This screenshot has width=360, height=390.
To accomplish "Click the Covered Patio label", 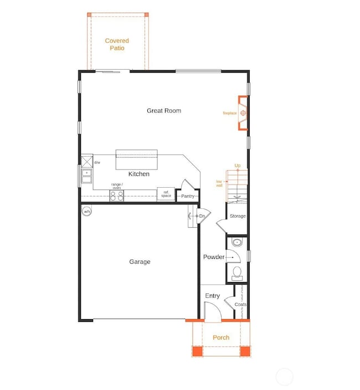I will pyautogui.click(x=117, y=44).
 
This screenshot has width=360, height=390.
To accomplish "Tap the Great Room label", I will pyautogui.click(x=164, y=111).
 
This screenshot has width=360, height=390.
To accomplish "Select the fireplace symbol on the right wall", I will pyautogui.click(x=243, y=114).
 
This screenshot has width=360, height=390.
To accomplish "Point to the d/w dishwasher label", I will pyautogui.click(x=97, y=162).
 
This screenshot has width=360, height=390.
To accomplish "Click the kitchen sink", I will pyautogui.click(x=87, y=176).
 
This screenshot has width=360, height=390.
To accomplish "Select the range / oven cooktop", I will pyautogui.click(x=117, y=195).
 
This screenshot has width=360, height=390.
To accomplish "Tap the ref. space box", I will pyautogui.click(x=166, y=194).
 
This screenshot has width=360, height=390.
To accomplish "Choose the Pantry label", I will pyautogui.click(x=187, y=196).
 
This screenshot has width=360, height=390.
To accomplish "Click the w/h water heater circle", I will pyautogui.click(x=87, y=212).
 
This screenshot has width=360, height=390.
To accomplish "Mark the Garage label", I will pyautogui.click(x=140, y=262).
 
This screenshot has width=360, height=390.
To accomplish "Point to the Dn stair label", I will pyautogui.click(x=202, y=215).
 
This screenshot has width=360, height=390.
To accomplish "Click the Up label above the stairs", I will pyautogui.click(x=238, y=166).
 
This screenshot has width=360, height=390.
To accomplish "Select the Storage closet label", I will pyautogui.click(x=238, y=216).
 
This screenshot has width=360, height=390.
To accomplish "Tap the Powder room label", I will pyautogui.click(x=214, y=257).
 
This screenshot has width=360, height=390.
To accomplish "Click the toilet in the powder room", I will pyautogui.click(x=236, y=273).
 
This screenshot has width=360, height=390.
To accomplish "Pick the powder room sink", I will pyautogui.click(x=236, y=243).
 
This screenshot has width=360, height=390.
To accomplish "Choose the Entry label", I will pyautogui.click(x=213, y=296).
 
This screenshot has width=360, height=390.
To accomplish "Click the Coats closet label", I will pyautogui.click(x=240, y=305).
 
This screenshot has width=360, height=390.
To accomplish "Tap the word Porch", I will pyautogui.click(x=221, y=337).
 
